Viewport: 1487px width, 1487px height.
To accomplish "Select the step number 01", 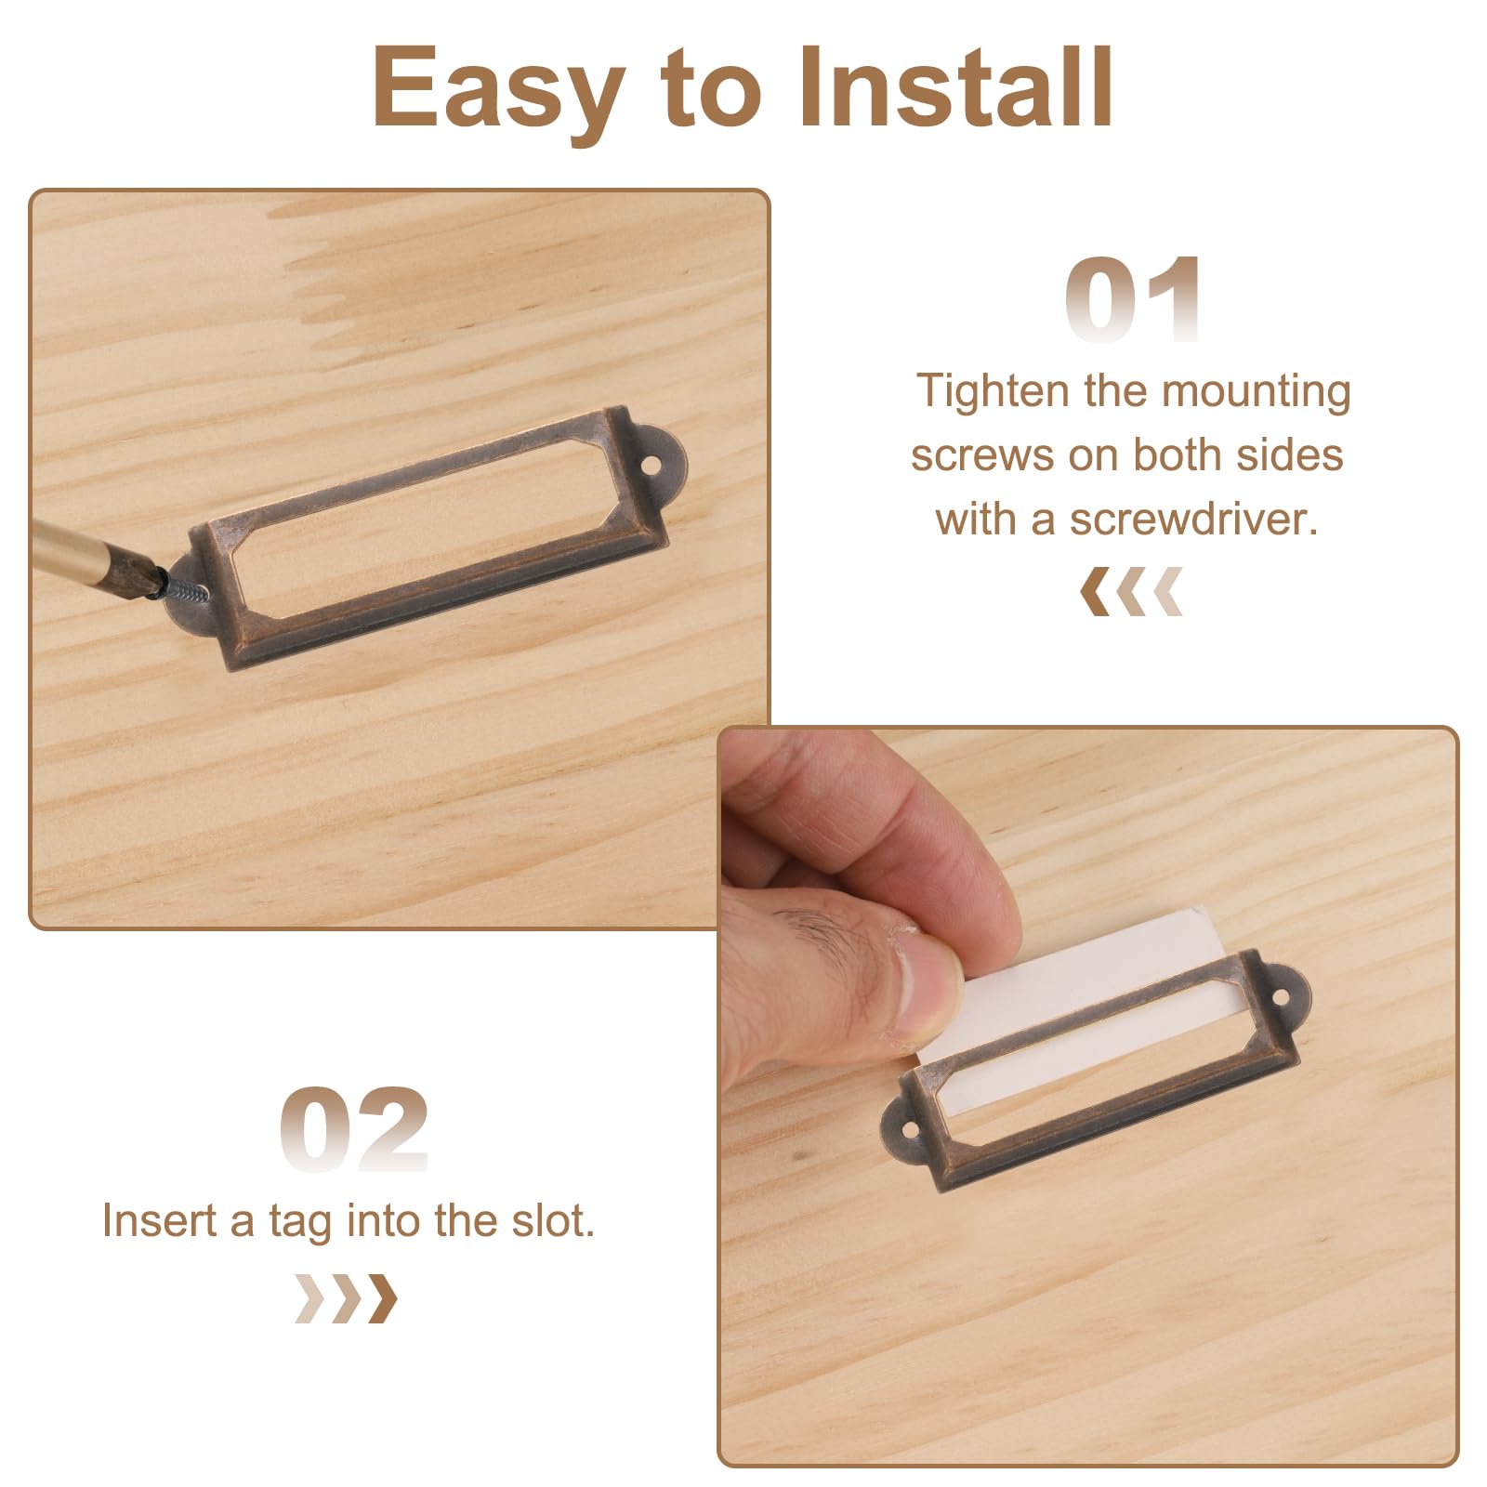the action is tap(1134, 299).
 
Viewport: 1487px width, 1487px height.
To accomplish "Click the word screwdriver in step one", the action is tap(1193, 519).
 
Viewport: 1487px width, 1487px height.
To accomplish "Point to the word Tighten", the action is tap(994, 392).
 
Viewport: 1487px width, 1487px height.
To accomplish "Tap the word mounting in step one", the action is tap(1257, 392).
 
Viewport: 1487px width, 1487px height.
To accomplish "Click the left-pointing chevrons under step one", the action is tap(1131, 591).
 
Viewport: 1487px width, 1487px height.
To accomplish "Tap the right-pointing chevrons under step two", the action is tap(346, 1298).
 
